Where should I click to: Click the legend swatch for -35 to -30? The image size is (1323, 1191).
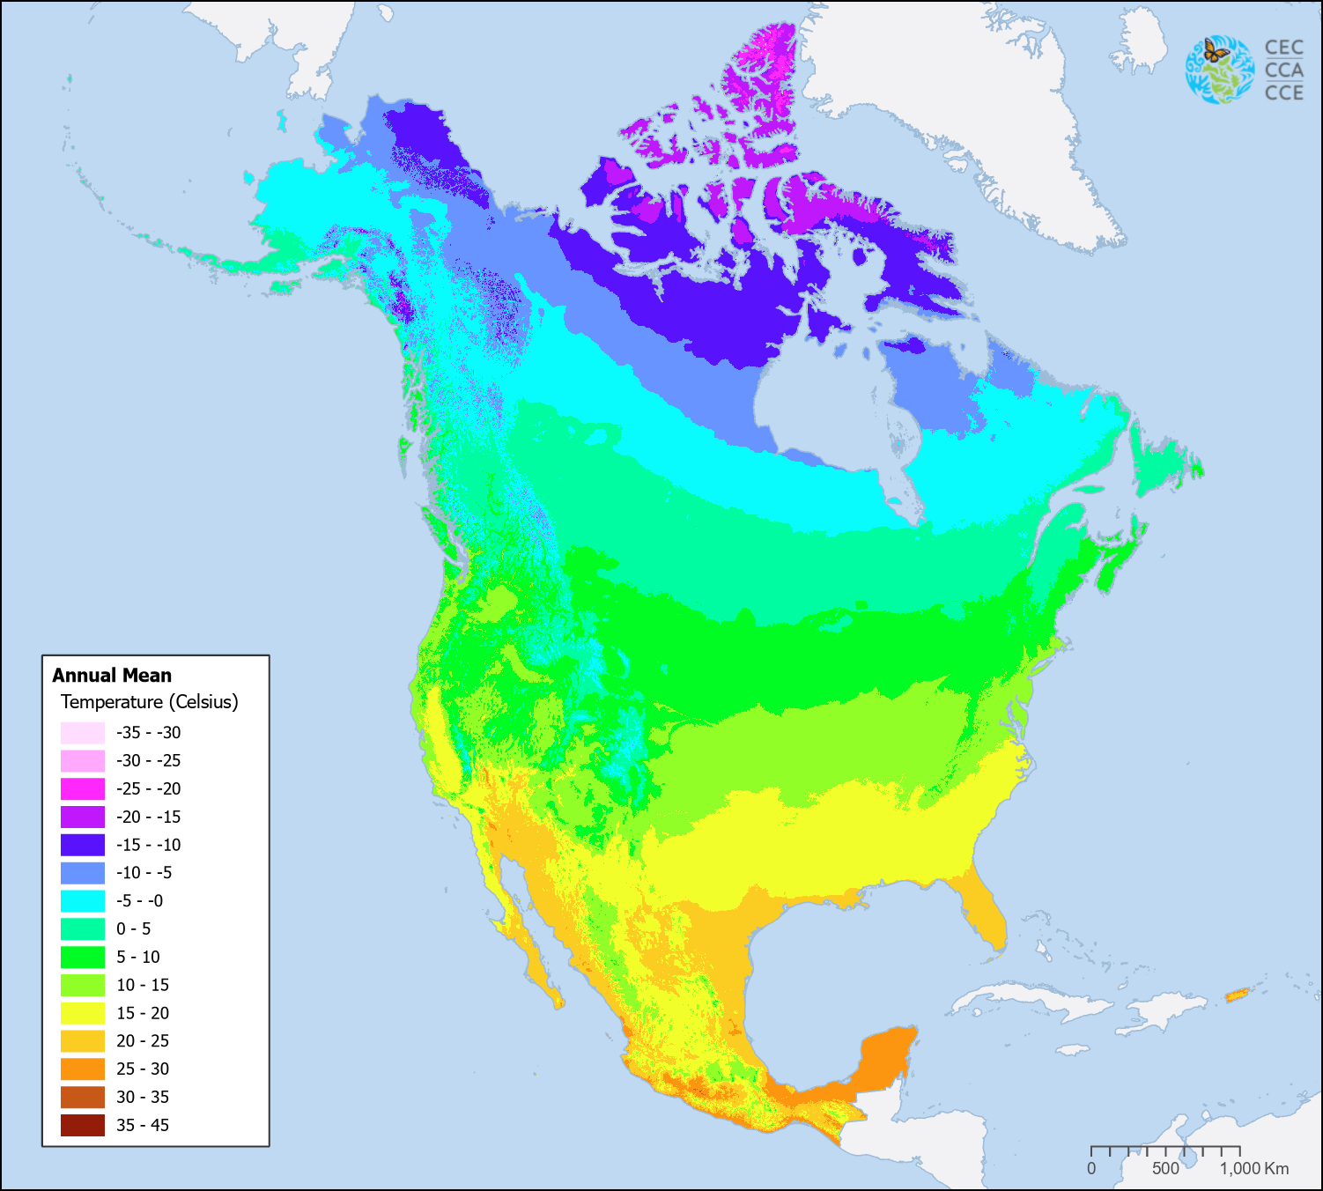[x=83, y=733]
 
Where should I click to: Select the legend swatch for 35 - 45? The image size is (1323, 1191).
[x=83, y=1125]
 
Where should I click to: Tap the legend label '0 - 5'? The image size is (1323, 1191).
[x=134, y=928]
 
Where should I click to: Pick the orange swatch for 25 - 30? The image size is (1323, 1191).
[x=83, y=1069]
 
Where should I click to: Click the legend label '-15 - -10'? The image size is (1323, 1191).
[x=148, y=845]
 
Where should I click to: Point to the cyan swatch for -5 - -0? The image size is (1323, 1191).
[x=83, y=900]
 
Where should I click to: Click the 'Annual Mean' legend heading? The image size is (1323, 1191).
[x=112, y=676]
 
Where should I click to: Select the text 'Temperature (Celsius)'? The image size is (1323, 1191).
[x=149, y=702]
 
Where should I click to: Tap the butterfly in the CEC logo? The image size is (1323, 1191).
[x=1216, y=52]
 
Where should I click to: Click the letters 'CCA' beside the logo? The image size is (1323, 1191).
[x=1283, y=70]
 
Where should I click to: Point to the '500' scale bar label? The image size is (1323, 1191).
[x=1165, y=1169]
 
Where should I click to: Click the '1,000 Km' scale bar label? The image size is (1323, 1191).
[x=1254, y=1169]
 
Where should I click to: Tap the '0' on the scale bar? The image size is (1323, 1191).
[x=1091, y=1169]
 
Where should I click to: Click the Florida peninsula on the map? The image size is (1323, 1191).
[x=987, y=916]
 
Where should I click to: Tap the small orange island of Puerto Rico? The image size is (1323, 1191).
[x=1238, y=995]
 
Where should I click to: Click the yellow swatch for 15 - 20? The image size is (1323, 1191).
[x=83, y=1013]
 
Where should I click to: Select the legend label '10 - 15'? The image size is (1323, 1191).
[x=143, y=985]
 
